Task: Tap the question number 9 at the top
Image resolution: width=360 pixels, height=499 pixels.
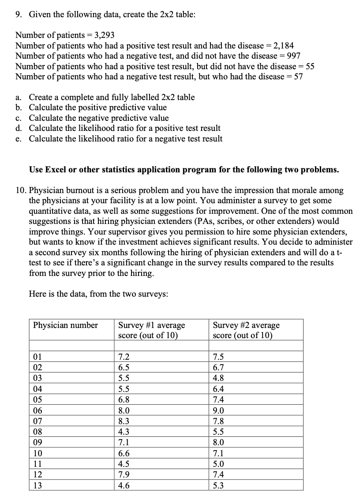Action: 19,15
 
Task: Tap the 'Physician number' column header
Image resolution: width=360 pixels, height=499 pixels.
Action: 65,325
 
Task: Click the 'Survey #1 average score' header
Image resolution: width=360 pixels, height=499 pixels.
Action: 152,330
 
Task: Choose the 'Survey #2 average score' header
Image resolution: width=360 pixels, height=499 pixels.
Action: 246,330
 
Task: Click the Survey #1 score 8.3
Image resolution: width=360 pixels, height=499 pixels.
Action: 124,421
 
